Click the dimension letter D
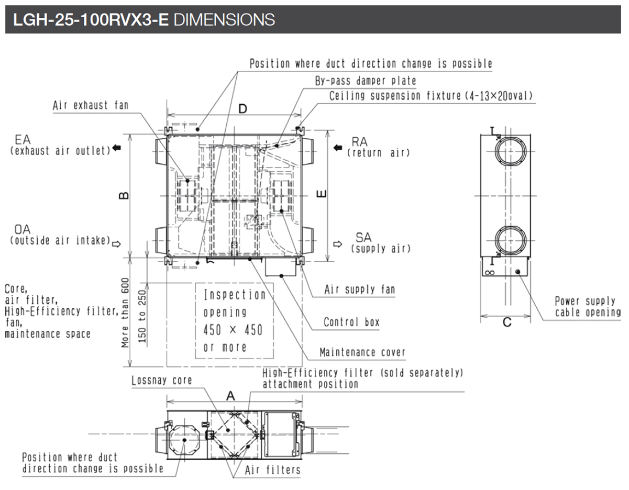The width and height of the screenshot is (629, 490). coord(243,109)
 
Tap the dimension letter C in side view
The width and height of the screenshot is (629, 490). coord(506,322)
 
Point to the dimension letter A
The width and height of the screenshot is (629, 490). coord(230,396)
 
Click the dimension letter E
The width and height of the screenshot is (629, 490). coord(323,194)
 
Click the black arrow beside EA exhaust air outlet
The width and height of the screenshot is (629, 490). coord(117,149)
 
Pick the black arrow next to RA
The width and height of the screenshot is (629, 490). coord(337,148)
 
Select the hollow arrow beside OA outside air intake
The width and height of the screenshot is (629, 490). coord(117,243)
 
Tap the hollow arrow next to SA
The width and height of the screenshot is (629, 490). coord(337,244)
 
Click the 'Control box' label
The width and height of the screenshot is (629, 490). coord(351,322)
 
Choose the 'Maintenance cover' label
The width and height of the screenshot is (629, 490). coord(362,352)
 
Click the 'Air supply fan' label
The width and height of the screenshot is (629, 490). coord(359,289)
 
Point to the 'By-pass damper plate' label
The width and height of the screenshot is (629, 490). coord(366,81)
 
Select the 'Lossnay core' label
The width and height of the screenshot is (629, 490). coord(162,380)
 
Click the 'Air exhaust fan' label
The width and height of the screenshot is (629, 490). coord(90,105)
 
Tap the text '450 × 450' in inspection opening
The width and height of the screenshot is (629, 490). coord(233,330)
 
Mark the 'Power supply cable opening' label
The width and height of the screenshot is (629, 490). coord(587,307)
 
